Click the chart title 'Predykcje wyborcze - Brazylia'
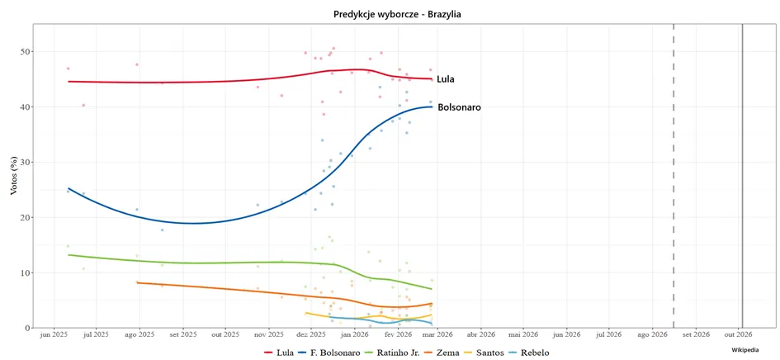tap(397, 14)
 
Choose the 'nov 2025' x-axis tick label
tap(268, 334)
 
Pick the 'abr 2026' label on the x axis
tap(481, 334)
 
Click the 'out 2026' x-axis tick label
tap(740, 334)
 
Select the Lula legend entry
tap(276, 353)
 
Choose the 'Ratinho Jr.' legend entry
tap(394, 353)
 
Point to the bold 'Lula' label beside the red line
tap(446, 79)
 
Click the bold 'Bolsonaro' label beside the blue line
tap(459, 107)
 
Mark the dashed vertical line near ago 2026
tap(674, 175)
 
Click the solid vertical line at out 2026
tap(742, 175)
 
